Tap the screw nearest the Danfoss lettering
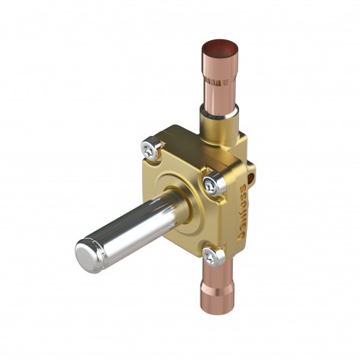211,184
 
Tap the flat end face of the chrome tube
89,255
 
